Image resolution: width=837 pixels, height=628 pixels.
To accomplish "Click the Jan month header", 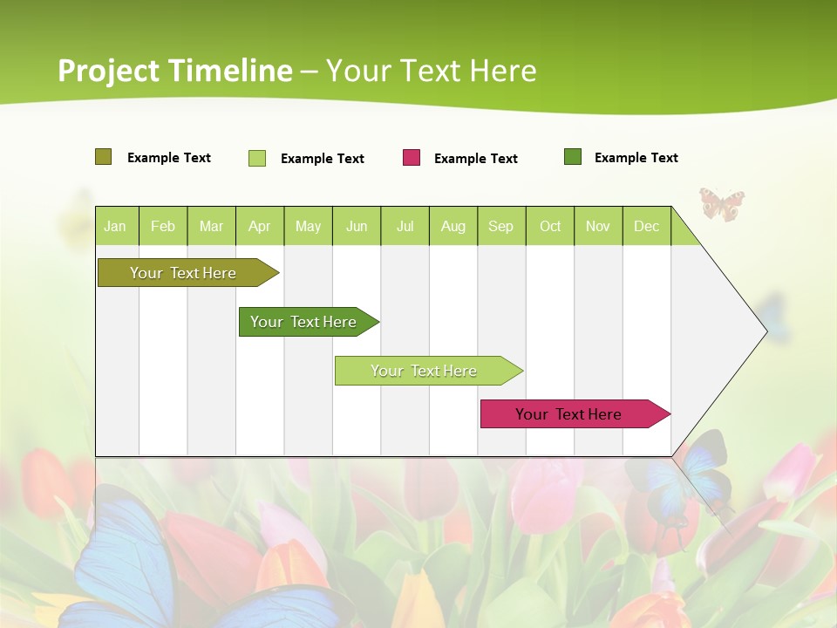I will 116,226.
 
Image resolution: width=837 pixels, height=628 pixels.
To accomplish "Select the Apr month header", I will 260,226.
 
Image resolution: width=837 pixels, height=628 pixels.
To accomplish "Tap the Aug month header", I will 453,226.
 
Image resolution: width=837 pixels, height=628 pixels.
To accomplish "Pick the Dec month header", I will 647,226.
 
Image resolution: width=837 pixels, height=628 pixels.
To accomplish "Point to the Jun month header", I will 357,226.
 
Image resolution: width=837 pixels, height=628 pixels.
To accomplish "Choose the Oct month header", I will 550,226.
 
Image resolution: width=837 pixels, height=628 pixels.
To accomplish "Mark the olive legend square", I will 103,157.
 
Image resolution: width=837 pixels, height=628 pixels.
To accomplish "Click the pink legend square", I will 412,158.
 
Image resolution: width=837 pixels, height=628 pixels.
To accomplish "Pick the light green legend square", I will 257,158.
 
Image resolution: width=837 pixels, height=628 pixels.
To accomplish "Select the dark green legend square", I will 573,157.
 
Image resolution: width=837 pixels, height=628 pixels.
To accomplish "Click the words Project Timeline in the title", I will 175,71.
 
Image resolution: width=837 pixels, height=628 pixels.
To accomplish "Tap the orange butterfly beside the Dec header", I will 722,204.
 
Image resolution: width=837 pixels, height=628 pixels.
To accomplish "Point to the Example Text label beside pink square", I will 475,159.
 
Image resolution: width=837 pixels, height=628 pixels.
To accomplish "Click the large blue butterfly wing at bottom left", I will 122,558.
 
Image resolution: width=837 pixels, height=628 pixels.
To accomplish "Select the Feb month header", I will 163,226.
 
